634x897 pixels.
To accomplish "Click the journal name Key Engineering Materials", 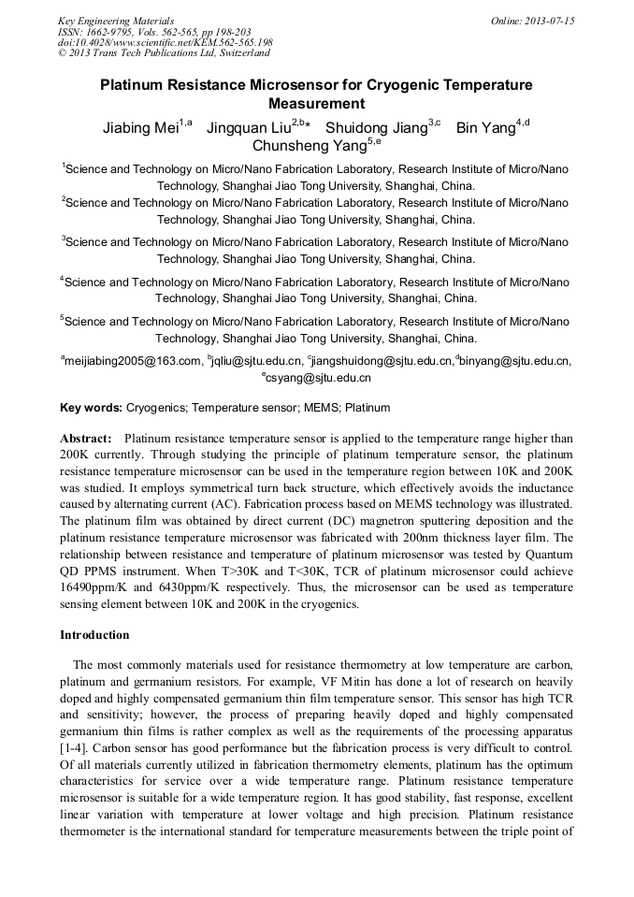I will coord(115,21).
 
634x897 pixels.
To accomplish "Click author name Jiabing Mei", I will coord(140,128).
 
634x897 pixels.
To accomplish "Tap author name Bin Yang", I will coord(485,128).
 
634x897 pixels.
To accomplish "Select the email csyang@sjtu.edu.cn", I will coord(319,379).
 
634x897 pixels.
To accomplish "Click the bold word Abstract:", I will coord(87,438).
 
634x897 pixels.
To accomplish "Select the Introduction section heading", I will coord(94,635).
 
